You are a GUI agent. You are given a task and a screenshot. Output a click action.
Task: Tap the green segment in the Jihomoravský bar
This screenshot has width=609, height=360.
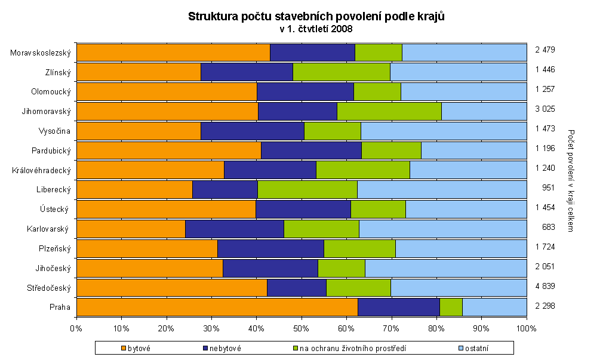point(389,111)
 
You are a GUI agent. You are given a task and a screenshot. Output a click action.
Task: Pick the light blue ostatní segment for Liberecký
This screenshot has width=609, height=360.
point(442,189)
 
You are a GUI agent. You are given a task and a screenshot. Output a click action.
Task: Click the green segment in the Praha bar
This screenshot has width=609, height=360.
point(451,307)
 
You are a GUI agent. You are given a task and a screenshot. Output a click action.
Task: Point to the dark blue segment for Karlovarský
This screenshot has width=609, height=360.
point(235,229)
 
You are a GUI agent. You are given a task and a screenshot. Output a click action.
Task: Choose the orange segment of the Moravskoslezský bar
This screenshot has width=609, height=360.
point(173,53)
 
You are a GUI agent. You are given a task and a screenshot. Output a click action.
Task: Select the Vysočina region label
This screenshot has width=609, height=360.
point(55,131)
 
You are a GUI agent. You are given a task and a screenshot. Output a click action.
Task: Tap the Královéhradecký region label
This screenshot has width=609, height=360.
point(41,170)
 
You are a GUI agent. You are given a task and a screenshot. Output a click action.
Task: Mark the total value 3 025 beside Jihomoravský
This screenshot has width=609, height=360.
point(545,111)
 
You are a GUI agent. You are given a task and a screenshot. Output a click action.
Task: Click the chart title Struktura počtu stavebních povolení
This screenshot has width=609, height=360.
point(316,16)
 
